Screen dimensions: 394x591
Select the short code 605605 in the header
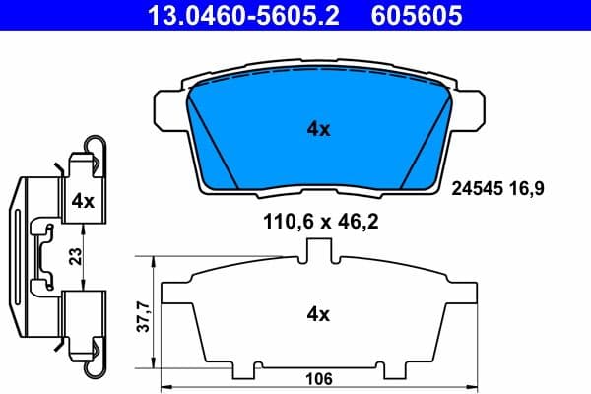pyautogui.click(x=414, y=15)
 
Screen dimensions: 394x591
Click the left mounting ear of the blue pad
pyautogui.click(x=169, y=108)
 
